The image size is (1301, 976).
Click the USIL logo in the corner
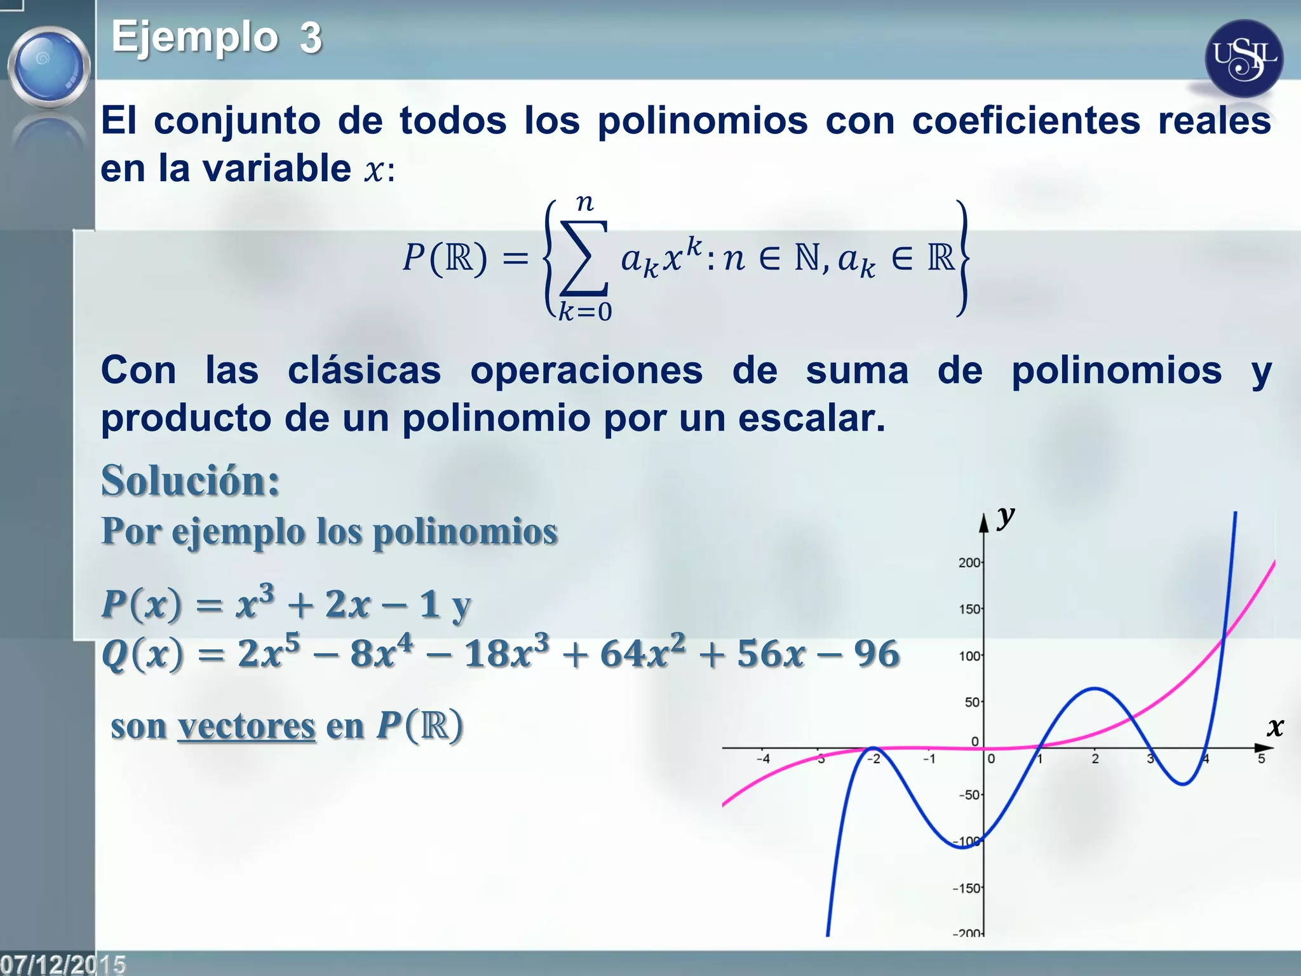coord(1243,58)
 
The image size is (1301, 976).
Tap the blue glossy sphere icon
coord(49,67)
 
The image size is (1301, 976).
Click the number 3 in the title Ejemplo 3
coord(311,38)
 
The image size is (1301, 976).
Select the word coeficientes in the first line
coord(1026,121)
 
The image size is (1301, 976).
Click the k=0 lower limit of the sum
coord(585,312)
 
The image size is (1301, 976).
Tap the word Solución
coord(191,480)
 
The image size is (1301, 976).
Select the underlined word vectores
coord(246,726)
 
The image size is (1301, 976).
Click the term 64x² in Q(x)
coord(643,653)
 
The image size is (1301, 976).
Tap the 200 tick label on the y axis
coord(969,562)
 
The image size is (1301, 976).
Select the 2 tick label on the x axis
coord(1095,759)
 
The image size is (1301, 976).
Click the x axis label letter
coord(1274,727)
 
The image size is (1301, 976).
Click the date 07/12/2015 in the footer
coord(63,964)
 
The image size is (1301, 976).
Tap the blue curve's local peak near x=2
coord(1095,689)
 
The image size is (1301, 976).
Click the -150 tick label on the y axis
coord(966,888)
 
